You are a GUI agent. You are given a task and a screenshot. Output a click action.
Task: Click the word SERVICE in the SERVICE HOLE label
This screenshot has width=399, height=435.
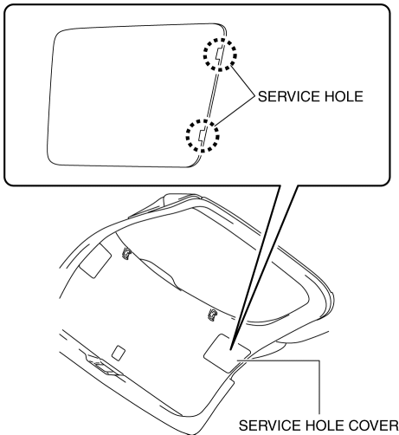(x=289, y=96)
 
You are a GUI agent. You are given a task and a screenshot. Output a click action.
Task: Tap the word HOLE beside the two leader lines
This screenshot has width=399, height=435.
(x=344, y=96)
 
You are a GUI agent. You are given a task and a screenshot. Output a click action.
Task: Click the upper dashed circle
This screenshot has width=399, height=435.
(x=220, y=39)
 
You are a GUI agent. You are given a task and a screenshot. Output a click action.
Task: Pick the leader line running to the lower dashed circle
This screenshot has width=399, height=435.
(x=235, y=111)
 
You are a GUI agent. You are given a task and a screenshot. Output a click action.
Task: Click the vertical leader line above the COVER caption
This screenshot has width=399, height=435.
(x=319, y=387)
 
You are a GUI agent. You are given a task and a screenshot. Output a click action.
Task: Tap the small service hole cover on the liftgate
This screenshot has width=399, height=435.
(x=227, y=354)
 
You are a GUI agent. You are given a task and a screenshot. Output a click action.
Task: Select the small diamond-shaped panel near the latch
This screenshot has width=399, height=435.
(x=119, y=353)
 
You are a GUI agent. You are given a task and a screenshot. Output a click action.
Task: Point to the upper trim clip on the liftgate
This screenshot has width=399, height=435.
(x=126, y=253)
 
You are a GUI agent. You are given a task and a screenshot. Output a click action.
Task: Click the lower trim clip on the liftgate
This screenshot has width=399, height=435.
(x=213, y=315)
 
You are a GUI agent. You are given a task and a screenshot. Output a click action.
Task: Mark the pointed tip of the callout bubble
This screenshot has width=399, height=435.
(x=230, y=349)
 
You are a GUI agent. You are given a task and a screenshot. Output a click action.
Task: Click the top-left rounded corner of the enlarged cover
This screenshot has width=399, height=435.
(x=59, y=34)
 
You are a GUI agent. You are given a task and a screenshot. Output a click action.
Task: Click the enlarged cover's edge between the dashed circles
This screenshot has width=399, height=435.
(x=211, y=94)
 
